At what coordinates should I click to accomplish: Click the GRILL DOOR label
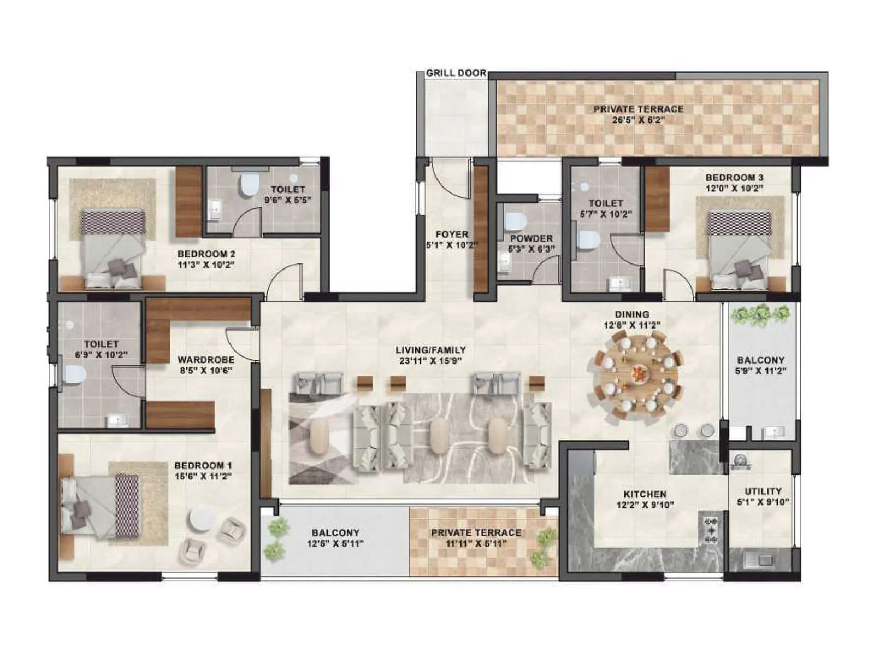click(x=456, y=73)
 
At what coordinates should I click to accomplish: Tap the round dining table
click(x=637, y=376)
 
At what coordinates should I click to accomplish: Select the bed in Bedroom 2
click(x=114, y=249)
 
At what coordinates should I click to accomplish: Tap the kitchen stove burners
click(x=712, y=528)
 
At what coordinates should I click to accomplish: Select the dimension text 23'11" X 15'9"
click(x=432, y=361)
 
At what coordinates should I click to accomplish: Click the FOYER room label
click(x=452, y=234)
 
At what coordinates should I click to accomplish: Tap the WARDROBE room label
click(x=206, y=360)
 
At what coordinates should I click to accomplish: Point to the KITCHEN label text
click(x=645, y=494)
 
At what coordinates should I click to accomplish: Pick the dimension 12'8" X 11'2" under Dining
click(x=632, y=325)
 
